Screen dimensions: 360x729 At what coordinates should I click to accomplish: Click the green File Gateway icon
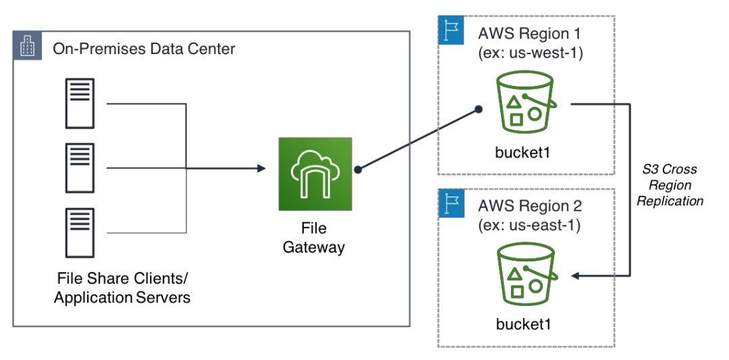(x=315, y=174)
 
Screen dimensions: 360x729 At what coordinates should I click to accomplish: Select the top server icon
(x=80, y=103)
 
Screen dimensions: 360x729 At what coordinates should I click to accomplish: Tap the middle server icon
(x=80, y=168)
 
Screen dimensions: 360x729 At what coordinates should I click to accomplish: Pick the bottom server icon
(x=80, y=232)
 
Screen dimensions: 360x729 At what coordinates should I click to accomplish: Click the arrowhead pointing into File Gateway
(x=261, y=168)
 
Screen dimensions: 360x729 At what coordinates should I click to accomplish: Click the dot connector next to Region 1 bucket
(x=479, y=108)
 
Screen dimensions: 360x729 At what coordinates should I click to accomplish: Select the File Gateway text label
(x=313, y=238)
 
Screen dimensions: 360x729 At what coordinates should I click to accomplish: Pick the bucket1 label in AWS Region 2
(x=523, y=323)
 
